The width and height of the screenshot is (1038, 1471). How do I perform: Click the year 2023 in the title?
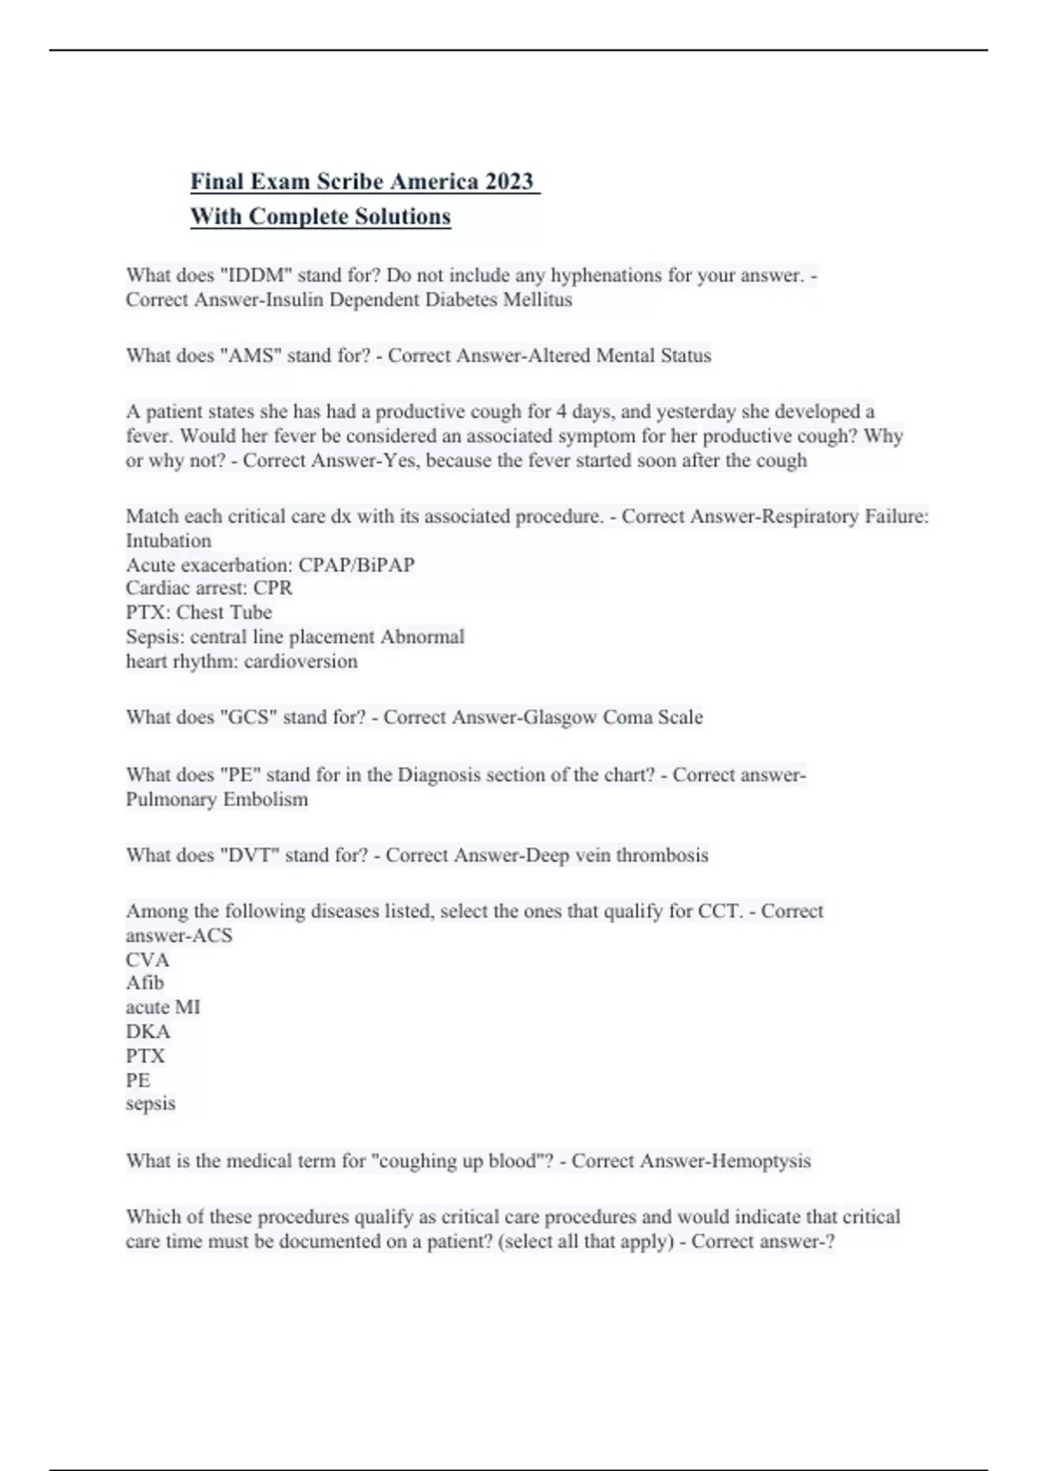coord(509,182)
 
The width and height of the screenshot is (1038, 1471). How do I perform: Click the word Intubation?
coord(169,541)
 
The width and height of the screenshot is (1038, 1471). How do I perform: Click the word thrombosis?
coord(662,855)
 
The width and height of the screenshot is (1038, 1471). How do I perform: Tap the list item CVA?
coord(148,960)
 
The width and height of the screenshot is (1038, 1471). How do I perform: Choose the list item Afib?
coord(144,983)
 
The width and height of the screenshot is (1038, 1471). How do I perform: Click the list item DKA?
coord(148,1031)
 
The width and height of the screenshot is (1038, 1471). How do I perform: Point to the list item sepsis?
coord(151,1103)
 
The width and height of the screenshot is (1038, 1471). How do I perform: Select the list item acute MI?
coord(163,1007)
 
